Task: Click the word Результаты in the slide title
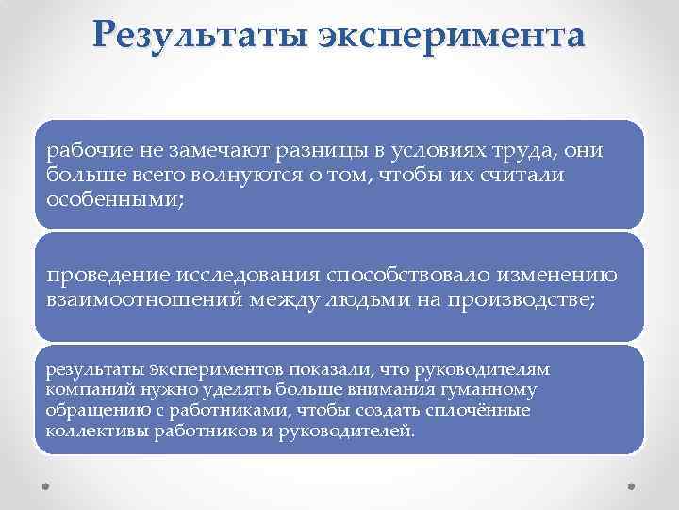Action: [x=198, y=38]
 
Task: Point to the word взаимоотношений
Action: [x=141, y=299]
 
